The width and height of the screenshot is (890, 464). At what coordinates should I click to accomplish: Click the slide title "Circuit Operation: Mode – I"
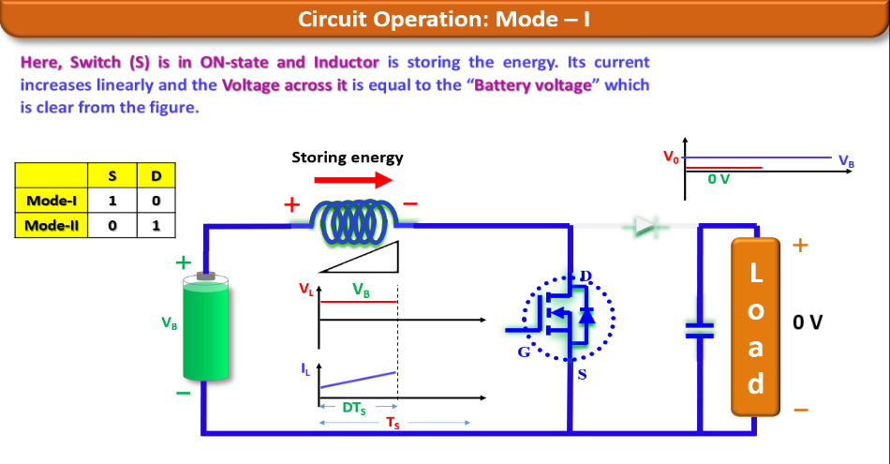pos(444,19)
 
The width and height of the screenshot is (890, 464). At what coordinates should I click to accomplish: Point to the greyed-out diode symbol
pos(647,225)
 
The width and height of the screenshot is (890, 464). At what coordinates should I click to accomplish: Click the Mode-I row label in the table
pos(51,201)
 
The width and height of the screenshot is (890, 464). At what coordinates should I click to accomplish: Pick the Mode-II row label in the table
pos(51,226)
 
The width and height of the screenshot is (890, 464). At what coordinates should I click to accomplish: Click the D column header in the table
pos(156,176)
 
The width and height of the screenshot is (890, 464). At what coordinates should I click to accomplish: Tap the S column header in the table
pos(112,176)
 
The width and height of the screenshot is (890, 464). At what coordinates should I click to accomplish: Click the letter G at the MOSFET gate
pos(524,352)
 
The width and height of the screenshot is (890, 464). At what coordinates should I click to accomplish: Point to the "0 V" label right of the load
pos(808,323)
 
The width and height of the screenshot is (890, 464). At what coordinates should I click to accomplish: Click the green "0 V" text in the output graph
pos(719,179)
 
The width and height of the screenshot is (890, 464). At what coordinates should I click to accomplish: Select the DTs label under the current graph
pos(353,408)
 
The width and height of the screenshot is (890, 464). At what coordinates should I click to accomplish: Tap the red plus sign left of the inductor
pos(293,204)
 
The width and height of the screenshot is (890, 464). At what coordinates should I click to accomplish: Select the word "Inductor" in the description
pos(346,63)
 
